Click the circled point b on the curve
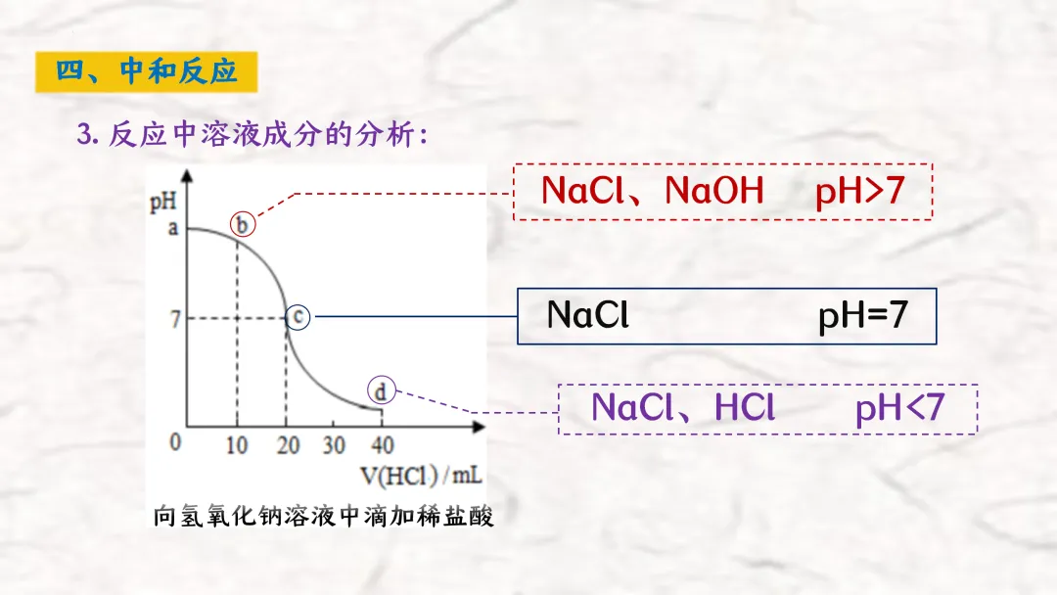point(243,225)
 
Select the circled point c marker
point(299,317)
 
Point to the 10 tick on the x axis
point(237,445)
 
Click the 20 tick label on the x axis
point(286,445)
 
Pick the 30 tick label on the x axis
point(334,445)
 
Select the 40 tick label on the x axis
point(382,445)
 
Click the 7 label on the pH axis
point(175,319)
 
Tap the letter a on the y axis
point(173,229)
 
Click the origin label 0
point(175,442)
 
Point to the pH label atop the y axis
point(162,203)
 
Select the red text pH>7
point(859,191)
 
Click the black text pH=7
point(863,315)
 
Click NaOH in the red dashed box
point(713,191)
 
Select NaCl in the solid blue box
point(587,315)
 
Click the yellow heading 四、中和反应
point(146,72)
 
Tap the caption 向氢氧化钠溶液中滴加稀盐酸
point(323,516)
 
